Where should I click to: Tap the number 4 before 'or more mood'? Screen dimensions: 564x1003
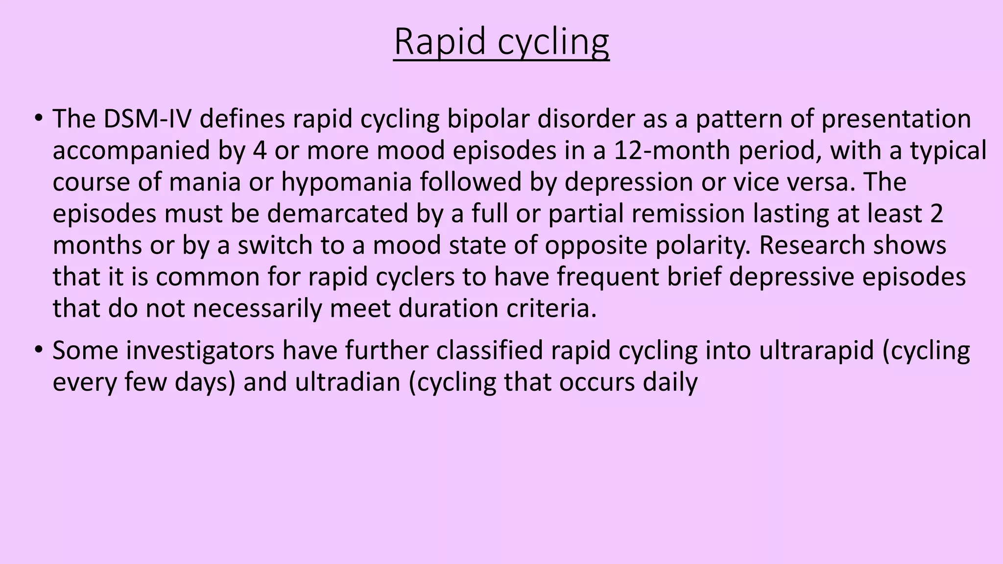pos(260,150)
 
